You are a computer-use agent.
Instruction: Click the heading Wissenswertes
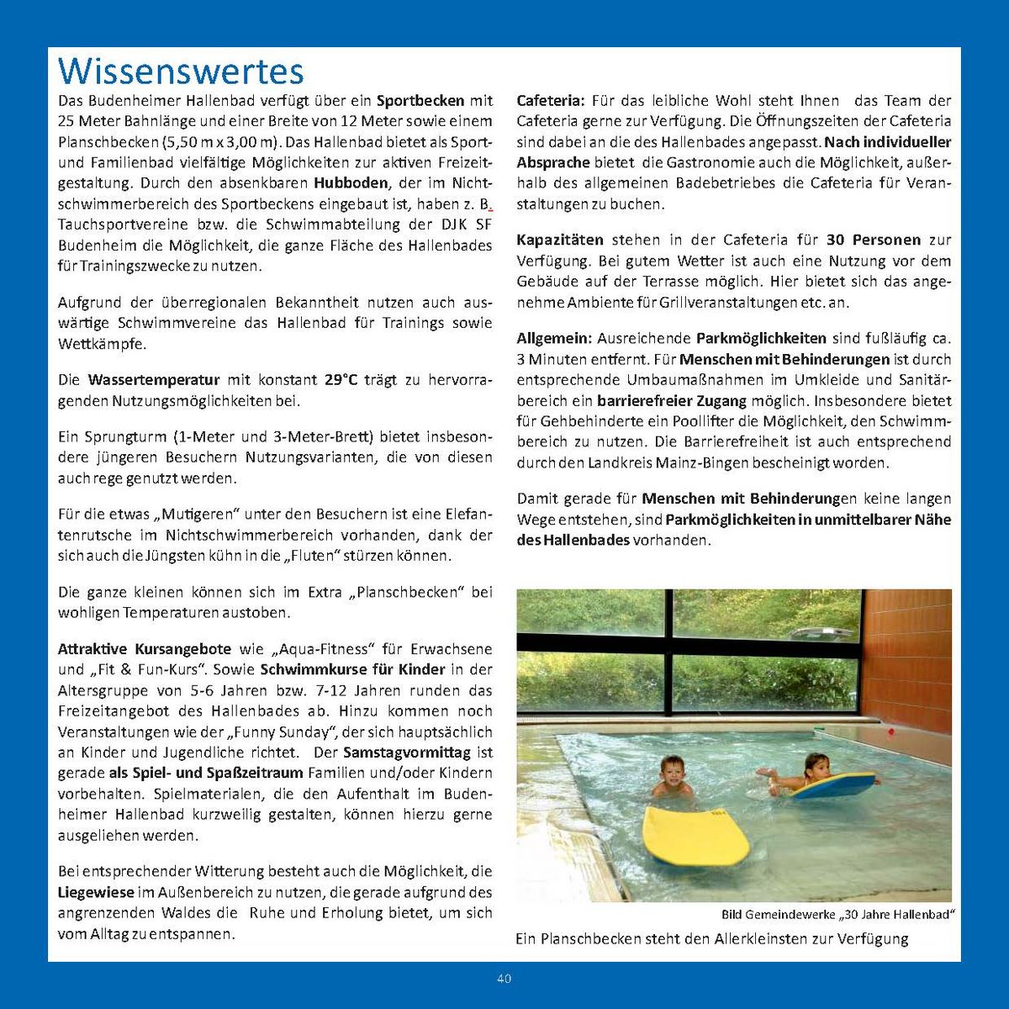(x=181, y=71)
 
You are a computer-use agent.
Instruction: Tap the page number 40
(x=504, y=979)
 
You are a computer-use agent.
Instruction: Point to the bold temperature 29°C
(x=341, y=380)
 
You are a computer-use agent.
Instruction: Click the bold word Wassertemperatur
(x=154, y=380)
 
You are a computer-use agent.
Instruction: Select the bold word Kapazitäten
(x=560, y=240)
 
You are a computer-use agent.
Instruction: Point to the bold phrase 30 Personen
(x=874, y=240)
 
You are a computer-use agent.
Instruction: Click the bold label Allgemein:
(x=554, y=339)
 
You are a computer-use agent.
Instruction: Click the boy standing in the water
(x=672, y=778)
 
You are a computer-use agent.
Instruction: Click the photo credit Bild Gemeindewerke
(x=780, y=915)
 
